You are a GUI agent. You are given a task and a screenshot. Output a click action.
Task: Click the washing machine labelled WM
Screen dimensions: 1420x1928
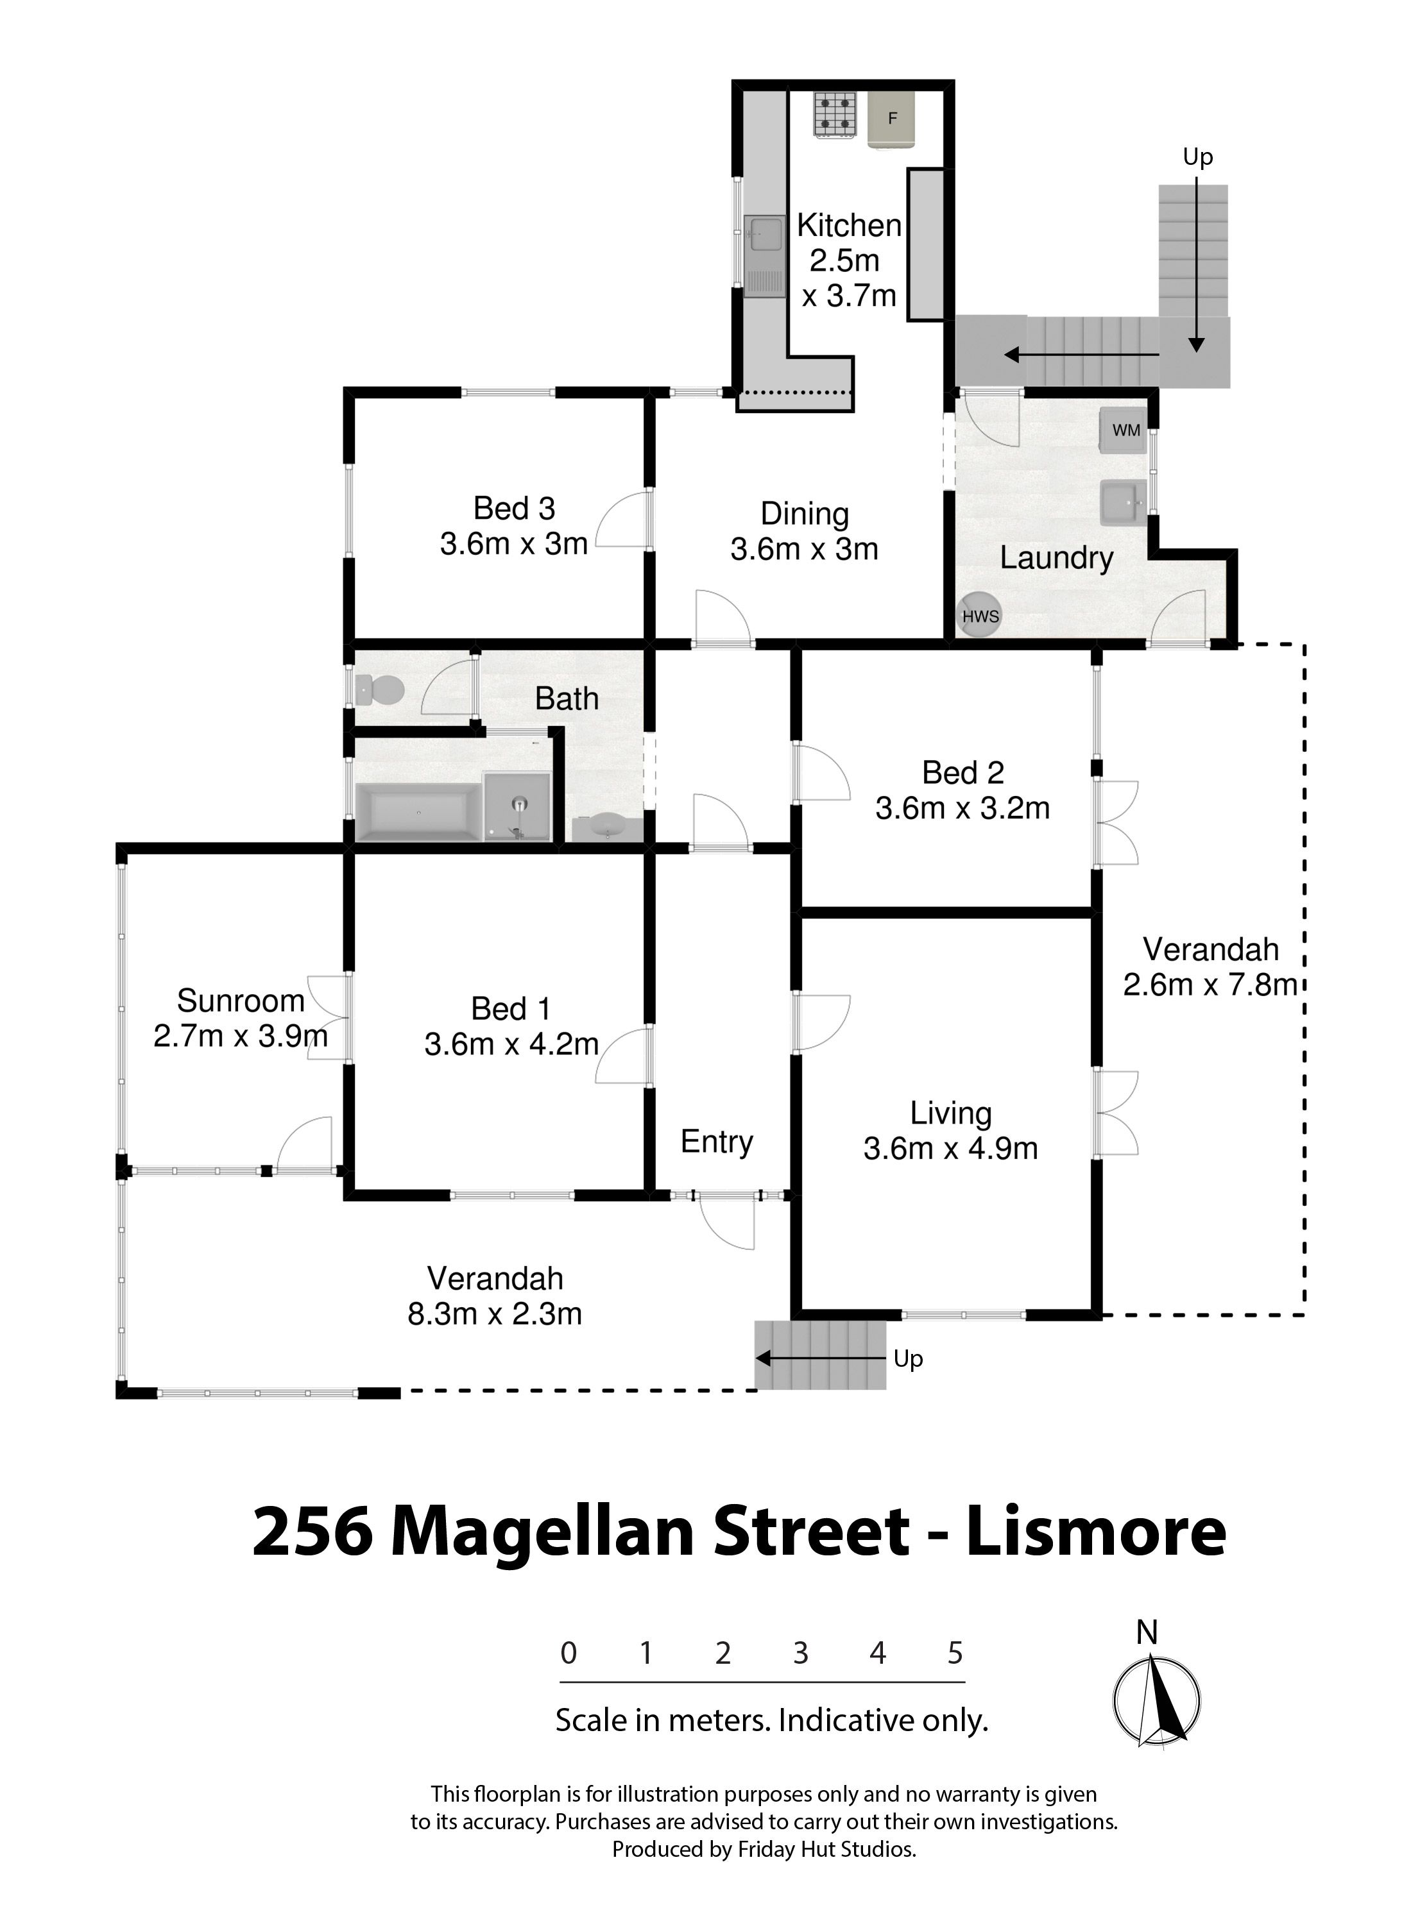pos(1124,430)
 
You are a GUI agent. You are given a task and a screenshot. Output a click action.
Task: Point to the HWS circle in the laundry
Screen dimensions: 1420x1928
pos(980,615)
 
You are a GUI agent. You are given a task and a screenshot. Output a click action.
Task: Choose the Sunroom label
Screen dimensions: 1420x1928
pos(241,1000)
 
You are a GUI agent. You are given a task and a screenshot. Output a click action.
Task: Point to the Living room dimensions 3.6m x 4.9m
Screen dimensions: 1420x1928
pos(951,1149)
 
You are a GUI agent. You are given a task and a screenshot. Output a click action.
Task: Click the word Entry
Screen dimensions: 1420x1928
pos(717,1142)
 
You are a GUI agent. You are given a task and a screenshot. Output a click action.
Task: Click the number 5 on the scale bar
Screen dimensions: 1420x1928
pos(955,1653)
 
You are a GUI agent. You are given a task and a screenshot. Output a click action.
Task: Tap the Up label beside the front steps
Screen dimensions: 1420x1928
pos(908,1358)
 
